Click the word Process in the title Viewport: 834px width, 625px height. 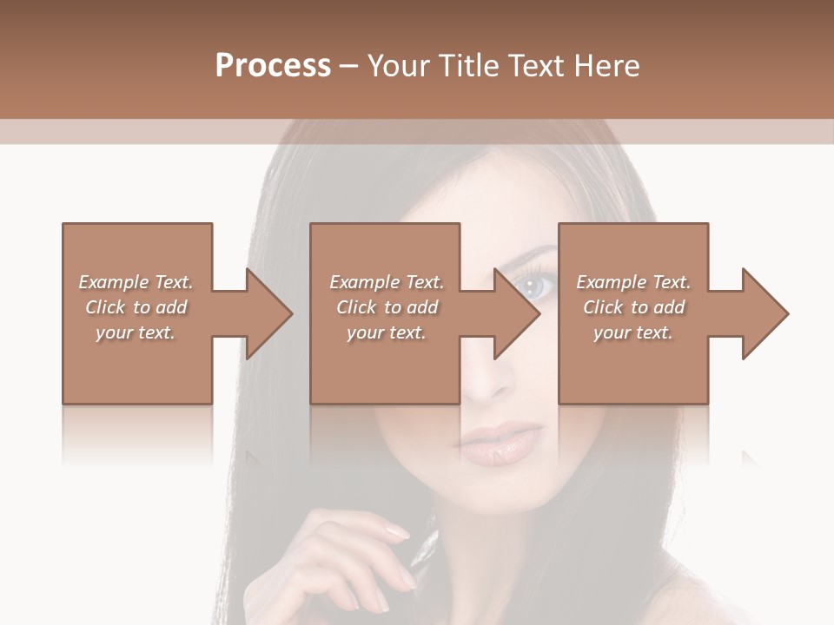(x=273, y=66)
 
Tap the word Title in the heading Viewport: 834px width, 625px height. (x=467, y=66)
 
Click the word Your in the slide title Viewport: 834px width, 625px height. (x=400, y=66)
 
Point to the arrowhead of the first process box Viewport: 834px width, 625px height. (x=268, y=313)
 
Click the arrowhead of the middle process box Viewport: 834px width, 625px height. (x=517, y=313)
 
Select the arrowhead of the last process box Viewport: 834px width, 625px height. (x=765, y=313)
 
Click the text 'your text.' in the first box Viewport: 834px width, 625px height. (x=136, y=332)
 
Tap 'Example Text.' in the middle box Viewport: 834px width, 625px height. (x=387, y=282)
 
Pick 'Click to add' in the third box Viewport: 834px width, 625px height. (x=634, y=307)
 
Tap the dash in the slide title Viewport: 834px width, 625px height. (x=348, y=66)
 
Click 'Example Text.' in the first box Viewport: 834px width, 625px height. (x=136, y=282)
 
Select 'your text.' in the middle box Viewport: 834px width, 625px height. (x=387, y=332)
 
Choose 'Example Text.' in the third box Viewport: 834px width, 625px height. (x=633, y=282)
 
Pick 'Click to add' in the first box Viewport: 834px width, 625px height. (x=136, y=307)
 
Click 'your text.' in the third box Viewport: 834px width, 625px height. (x=633, y=332)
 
